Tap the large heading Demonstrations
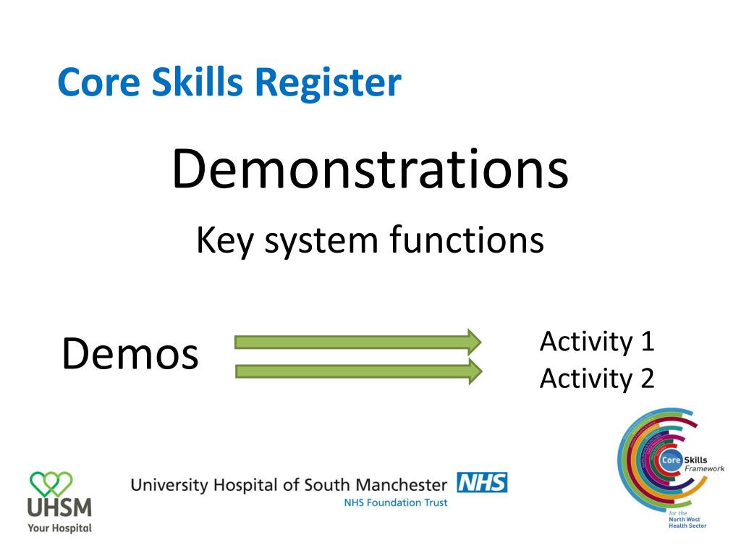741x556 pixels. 370,169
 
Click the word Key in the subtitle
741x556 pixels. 224,241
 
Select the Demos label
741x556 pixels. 130,354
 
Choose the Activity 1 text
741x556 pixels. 596,341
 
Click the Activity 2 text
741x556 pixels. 596,377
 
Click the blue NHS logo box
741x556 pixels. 483,483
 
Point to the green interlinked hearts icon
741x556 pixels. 51,481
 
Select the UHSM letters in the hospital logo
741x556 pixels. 59,507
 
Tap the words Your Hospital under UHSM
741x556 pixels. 59,528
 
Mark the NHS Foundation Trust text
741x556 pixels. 396,502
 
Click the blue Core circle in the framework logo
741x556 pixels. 671,460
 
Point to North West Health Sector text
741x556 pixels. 687,521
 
